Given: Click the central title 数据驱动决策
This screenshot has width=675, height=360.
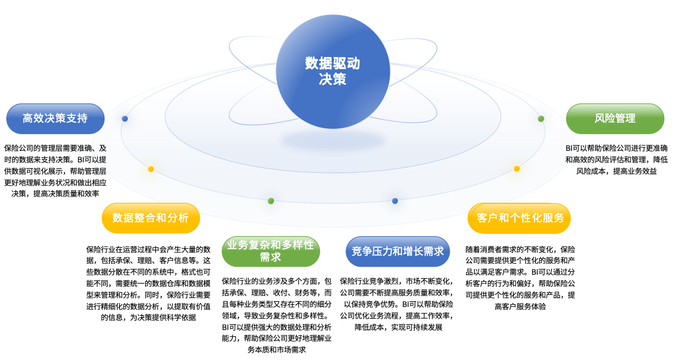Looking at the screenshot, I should point(332,71).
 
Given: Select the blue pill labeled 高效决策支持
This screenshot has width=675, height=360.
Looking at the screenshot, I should point(55,119).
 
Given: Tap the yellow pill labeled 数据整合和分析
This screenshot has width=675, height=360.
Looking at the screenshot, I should point(150,218).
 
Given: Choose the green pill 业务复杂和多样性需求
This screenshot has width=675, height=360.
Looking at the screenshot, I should point(270,251).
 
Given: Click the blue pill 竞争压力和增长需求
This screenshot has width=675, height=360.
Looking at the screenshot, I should point(397,251).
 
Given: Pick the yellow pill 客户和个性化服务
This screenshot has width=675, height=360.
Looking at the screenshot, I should point(519,218).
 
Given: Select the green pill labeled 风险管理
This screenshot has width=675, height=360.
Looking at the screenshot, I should point(615,119).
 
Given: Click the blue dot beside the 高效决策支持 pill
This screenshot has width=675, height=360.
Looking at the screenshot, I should point(125,119).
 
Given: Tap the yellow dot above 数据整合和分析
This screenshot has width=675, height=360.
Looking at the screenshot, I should point(151,169).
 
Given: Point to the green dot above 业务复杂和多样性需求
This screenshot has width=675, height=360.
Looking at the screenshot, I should point(271,200).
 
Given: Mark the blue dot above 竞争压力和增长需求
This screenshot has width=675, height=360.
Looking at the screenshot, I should point(395,200).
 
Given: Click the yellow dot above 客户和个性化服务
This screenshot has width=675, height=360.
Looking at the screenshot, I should point(517,169).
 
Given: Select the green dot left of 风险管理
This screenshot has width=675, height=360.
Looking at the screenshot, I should point(541,119).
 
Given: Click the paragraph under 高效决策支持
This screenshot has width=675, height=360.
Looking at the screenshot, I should point(55,170).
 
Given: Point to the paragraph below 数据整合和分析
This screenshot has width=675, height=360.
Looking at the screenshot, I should point(149,283).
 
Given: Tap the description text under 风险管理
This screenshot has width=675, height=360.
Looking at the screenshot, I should point(616,160).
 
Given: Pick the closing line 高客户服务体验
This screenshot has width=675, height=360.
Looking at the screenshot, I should point(520,306).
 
